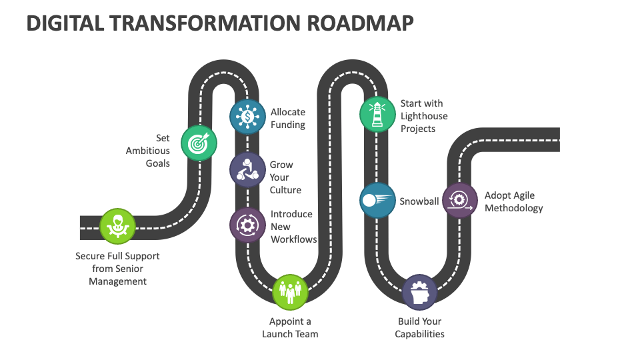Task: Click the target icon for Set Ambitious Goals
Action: (x=199, y=143)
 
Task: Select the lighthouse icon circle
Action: (x=377, y=113)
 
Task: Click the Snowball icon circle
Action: (x=377, y=200)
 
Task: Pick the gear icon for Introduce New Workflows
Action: (x=247, y=225)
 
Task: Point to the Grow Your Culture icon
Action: (x=247, y=169)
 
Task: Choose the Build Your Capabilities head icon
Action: (x=420, y=292)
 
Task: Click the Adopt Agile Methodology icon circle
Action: (x=460, y=200)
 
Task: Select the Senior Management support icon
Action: (x=118, y=226)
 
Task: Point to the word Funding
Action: (x=288, y=125)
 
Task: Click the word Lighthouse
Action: (x=424, y=116)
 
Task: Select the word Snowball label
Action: (x=419, y=201)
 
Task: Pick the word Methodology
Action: (x=513, y=208)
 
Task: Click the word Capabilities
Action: (x=419, y=334)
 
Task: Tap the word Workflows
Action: (x=293, y=239)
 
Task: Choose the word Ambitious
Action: (x=148, y=151)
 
